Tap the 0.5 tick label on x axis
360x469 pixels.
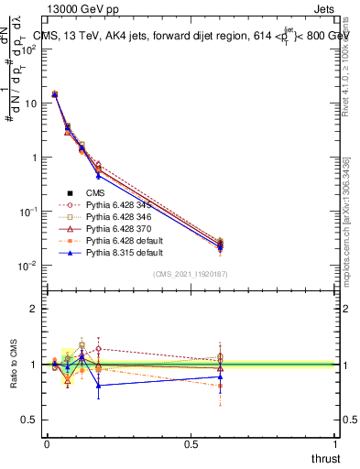coord(191,443)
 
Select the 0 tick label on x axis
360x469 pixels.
coord(47,443)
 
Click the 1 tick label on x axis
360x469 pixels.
coord(336,443)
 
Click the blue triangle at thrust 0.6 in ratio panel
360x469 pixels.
coord(220,376)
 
